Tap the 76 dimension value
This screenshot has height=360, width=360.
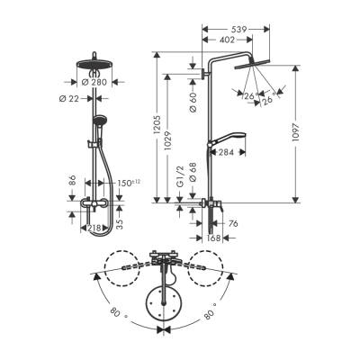(x=232, y=223)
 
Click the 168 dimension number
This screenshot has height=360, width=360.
(x=212, y=238)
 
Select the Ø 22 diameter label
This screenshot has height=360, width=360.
(x=65, y=97)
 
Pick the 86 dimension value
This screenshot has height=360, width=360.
(x=73, y=183)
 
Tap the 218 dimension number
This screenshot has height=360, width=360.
(x=94, y=229)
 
